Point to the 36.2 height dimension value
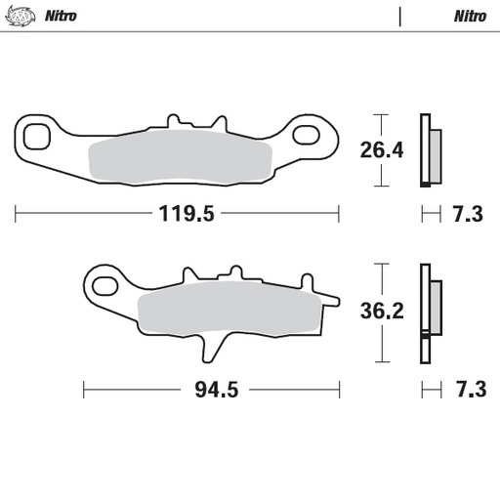(382, 312)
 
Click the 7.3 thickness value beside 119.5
(467, 216)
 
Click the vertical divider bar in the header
(399, 17)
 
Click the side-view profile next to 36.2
(429, 312)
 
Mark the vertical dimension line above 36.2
(382, 278)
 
